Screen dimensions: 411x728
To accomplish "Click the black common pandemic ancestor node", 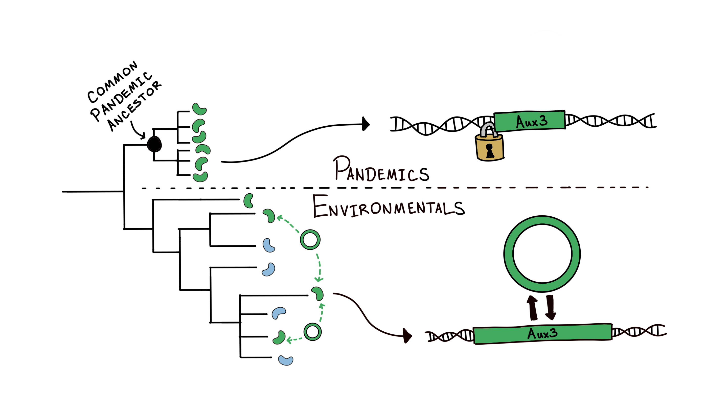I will click(154, 144).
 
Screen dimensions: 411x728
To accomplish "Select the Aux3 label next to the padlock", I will click(532, 121).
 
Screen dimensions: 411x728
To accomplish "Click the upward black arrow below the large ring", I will click(533, 308).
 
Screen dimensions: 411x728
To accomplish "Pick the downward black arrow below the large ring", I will click(550, 308).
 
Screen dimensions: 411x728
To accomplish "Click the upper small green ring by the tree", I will click(310, 239).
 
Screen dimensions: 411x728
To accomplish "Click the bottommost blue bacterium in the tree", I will click(285, 360).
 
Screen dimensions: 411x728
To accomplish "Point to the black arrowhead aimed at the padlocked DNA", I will click(366, 124).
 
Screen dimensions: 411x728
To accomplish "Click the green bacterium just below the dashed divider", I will click(248, 201).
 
